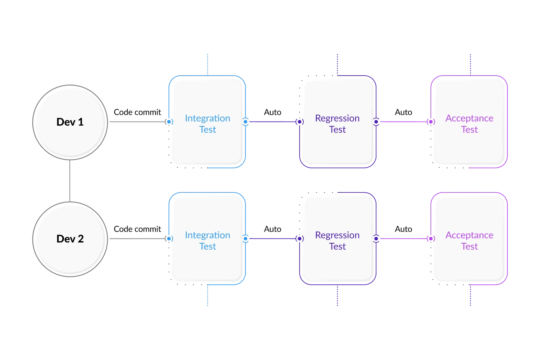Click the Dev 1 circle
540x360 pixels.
[70, 122]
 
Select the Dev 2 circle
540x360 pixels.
[70, 239]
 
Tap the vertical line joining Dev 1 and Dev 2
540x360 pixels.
[70, 180]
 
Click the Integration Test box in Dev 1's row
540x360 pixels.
[207, 144]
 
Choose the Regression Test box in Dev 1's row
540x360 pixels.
[337, 144]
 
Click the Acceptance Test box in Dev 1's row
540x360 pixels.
[469, 144]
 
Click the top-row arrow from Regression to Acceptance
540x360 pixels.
[404, 121]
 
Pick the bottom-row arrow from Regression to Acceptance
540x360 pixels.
[404, 238]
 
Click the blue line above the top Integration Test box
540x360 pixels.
[206, 62]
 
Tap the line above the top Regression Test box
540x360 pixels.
[338, 62]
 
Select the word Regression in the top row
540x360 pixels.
[337, 118]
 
